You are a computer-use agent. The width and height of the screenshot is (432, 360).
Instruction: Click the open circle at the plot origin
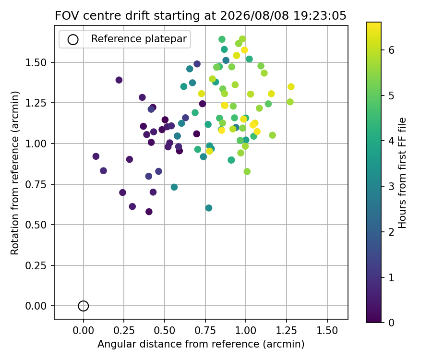coord(83,306)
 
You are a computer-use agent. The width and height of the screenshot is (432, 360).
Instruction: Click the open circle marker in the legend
coord(73,40)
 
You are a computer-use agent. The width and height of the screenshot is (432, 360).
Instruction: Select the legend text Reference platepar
coord(139,39)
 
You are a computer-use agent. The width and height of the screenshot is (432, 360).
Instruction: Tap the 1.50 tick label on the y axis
coord(36,63)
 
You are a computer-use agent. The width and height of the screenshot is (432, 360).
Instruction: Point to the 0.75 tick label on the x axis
coord(205,330)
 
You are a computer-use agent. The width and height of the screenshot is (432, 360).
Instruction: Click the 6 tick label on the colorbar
coord(391,50)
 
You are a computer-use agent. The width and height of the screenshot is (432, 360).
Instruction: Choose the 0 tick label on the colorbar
coord(391,322)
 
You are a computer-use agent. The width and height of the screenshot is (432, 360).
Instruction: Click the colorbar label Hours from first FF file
coord(402,173)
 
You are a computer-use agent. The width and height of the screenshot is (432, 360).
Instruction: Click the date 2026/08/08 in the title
coord(254,16)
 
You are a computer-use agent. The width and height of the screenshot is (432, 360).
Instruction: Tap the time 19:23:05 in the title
coord(320,16)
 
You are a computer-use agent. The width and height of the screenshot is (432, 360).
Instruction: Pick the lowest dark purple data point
coord(149,212)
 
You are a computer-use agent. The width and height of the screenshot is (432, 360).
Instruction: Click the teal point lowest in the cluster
coord(209,208)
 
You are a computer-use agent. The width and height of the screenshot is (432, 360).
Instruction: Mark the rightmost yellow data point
coord(291,87)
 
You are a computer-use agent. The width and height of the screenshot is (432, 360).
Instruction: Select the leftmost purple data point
coord(96,156)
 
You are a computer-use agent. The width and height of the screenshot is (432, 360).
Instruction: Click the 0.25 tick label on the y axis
coord(36,265)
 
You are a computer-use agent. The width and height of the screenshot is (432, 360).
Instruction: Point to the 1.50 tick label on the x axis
coord(327,330)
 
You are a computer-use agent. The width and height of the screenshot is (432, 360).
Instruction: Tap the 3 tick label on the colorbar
coord(391,186)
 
